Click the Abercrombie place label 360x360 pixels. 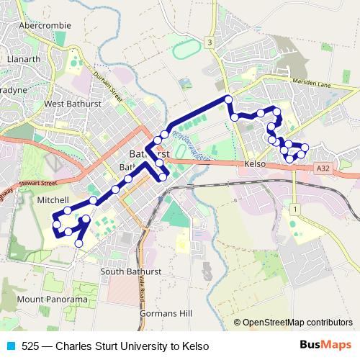(45, 24)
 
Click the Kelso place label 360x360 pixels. (256, 165)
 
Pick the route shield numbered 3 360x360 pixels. (210, 42)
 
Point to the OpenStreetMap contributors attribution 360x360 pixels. (296, 323)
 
